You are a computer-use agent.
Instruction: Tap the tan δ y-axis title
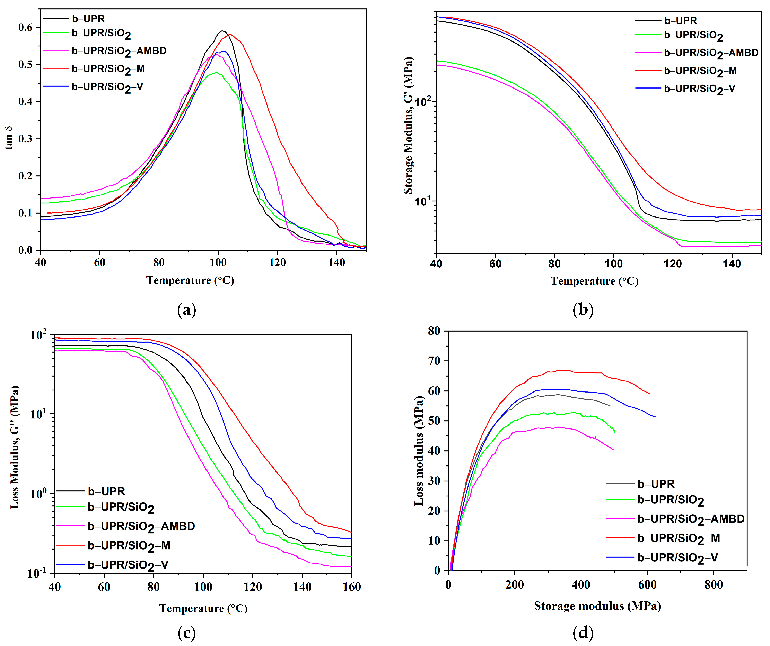9,138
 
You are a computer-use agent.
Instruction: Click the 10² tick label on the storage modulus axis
423,101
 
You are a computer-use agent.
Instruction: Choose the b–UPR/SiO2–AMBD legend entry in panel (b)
711,53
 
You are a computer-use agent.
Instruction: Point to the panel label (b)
583,310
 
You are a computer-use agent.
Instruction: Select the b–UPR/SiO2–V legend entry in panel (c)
128,565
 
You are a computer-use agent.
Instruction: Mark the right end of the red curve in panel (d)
649,394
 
